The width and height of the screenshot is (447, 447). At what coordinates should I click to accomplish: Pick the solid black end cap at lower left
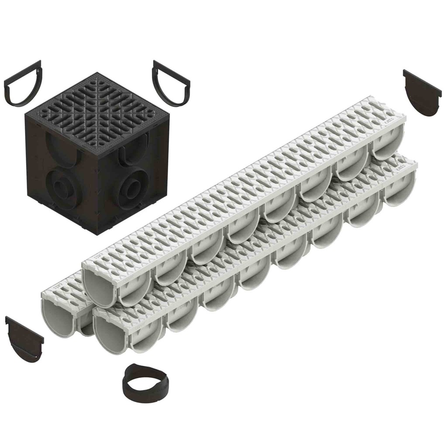pyautogui.click(x=24, y=339)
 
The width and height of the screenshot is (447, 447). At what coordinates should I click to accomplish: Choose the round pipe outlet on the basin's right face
pyautogui.click(x=131, y=184)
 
